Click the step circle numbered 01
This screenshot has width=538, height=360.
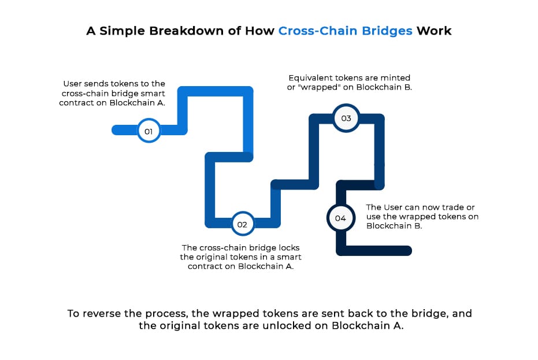149,131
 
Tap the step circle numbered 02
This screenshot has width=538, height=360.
242,224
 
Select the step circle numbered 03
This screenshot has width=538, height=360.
346,118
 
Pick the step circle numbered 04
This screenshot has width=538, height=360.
340,218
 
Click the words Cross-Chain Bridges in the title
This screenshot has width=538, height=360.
345,31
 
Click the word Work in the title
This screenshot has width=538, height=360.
434,31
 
